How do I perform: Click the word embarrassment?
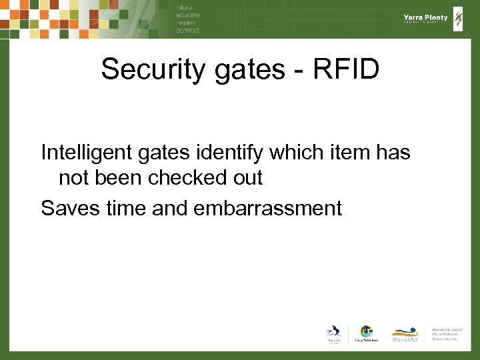(x=267, y=208)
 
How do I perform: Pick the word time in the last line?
(x=125, y=208)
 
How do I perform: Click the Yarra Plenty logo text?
(x=425, y=18)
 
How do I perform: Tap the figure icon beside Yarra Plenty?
(x=458, y=19)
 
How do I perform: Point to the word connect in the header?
(x=187, y=31)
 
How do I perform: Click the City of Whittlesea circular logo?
(x=366, y=331)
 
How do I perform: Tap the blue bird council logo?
(x=332, y=332)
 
